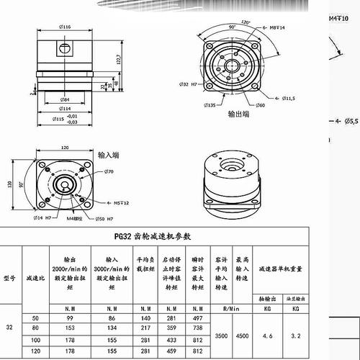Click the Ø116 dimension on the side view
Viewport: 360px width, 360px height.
click(x=66, y=27)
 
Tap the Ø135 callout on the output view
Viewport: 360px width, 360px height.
click(x=211, y=105)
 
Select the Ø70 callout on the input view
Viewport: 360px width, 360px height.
click(x=110, y=172)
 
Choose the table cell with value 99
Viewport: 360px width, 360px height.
click(x=70, y=318)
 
